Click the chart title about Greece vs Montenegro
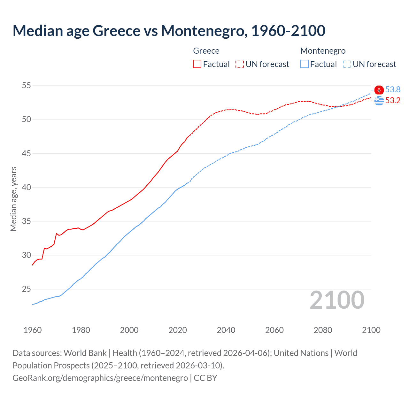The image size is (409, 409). (x=169, y=31)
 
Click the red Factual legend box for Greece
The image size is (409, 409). (x=197, y=64)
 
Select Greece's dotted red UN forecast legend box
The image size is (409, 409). (x=240, y=64)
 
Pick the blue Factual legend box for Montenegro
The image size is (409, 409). (x=305, y=64)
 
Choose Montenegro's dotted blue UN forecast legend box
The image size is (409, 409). (x=347, y=64)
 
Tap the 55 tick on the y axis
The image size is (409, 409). (x=27, y=86)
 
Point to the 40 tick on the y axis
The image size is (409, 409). (x=27, y=187)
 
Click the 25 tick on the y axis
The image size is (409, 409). (x=27, y=289)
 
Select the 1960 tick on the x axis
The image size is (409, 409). (x=33, y=330)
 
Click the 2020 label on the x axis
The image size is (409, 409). (x=178, y=330)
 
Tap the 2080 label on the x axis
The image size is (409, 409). (x=323, y=330)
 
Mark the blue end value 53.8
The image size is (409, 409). (x=393, y=90)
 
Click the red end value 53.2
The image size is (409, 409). (x=393, y=101)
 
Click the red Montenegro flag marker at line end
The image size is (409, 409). (x=379, y=90)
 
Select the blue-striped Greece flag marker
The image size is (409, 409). (x=379, y=101)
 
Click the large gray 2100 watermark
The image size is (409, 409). (x=337, y=300)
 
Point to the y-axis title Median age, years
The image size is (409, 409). (x=13, y=199)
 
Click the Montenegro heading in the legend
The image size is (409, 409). (x=323, y=51)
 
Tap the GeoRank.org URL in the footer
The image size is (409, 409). (x=100, y=378)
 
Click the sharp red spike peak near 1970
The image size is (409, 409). (x=57, y=233)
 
